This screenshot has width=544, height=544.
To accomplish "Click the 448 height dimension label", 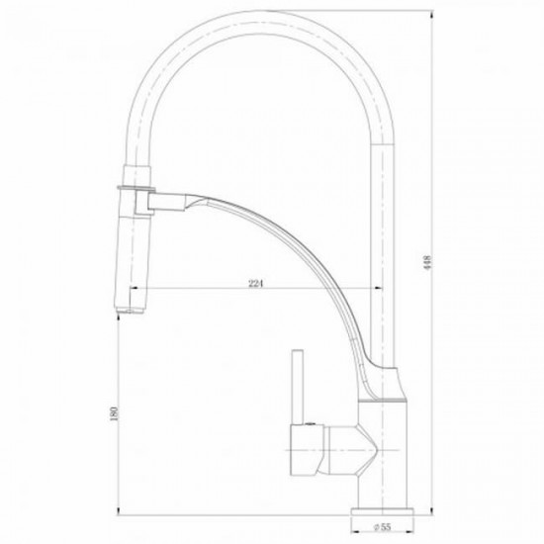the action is (x=429, y=263).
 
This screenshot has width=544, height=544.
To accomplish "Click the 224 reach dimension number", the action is (x=256, y=283).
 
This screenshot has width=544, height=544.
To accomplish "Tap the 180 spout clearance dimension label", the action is (x=115, y=413).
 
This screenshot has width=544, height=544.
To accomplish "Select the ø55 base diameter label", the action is (x=383, y=527).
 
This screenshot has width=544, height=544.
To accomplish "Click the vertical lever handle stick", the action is (x=298, y=387).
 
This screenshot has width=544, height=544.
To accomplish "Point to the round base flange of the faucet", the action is (x=383, y=512).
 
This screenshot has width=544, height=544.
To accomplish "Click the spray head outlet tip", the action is (x=130, y=311).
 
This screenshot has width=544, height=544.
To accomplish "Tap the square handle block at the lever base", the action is (x=307, y=450).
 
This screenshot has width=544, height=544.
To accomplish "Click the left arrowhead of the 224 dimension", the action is (x=134, y=288).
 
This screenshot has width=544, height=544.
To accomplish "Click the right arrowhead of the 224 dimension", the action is (x=378, y=288).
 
